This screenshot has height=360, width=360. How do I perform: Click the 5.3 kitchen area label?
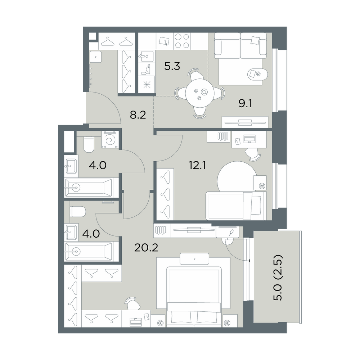pyautogui.click(x=172, y=67)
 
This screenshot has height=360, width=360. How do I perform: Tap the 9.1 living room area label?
pyautogui.click(x=246, y=104)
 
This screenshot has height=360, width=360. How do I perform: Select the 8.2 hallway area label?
pyautogui.click(x=138, y=115)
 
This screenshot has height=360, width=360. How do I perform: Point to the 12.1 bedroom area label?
pyautogui.click(x=197, y=165)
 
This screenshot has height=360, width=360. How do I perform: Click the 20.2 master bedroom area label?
pyautogui.click(x=146, y=247)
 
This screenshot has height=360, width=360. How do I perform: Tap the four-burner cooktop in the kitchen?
pyautogui.click(x=182, y=41)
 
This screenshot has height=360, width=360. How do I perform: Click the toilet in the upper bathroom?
pyautogui.click(x=89, y=144)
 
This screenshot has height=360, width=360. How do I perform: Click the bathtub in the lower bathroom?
pyautogui.click(x=89, y=251)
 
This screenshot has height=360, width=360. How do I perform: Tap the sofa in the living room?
pyautogui.click(x=240, y=46)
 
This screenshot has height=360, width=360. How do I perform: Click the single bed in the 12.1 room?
pyautogui.click(x=236, y=206)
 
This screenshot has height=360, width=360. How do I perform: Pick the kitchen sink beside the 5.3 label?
pyautogui.click(x=146, y=57)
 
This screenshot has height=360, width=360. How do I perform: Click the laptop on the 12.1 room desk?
pyautogui.click(x=249, y=139)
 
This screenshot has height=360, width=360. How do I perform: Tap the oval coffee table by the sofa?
pyautogui.click(x=258, y=74)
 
